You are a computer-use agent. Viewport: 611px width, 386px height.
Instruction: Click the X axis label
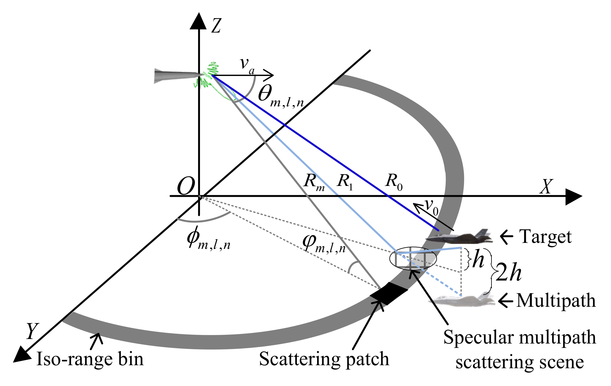[x=546, y=187]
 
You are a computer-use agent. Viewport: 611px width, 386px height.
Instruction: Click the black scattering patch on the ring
[x=389, y=293]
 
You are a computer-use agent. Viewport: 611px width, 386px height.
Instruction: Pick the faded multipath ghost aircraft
[x=462, y=300]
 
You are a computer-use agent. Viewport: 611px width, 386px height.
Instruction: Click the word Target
[x=545, y=237]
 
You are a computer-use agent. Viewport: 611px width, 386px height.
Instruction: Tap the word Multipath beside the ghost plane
[x=556, y=300]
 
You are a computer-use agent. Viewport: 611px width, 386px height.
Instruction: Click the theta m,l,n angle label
[x=280, y=96]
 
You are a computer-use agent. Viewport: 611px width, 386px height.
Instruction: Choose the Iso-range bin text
[x=90, y=359]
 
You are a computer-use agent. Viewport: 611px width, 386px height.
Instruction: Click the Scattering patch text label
[x=324, y=359]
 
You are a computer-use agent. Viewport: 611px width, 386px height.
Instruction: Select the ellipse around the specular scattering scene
[x=413, y=259]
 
